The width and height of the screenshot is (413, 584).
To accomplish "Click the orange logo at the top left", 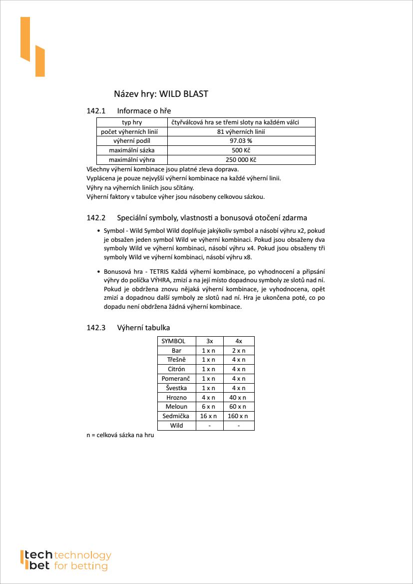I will tap(32, 47).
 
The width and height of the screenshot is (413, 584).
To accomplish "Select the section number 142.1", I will tap(96, 110).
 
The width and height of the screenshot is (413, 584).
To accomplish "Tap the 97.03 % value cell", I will tap(241, 141).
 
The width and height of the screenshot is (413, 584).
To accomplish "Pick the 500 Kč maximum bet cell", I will tap(241, 150).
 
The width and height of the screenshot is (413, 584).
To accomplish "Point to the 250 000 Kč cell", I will tap(241, 160).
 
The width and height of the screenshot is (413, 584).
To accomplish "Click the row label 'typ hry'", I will tap(132, 122).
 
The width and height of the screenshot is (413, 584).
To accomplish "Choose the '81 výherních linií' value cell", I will tap(241, 132).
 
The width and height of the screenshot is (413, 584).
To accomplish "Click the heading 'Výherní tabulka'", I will tap(143, 328).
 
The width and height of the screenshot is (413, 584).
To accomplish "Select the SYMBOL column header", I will tap(173, 341).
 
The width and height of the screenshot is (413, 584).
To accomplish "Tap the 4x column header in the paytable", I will tap(239, 341).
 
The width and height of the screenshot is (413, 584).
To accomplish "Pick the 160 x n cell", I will tap(239, 416).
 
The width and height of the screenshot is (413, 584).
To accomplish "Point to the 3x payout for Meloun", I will tap(209, 407).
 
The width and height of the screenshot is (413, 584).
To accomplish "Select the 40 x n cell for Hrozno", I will tap(239, 397).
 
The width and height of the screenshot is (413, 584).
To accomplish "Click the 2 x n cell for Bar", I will tap(239, 351).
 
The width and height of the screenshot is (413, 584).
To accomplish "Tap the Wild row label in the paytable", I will tap(176, 425).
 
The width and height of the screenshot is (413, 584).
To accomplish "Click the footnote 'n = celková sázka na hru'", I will tap(120, 436).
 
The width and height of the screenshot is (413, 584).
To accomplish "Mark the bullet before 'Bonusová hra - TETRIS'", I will tap(98, 271).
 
